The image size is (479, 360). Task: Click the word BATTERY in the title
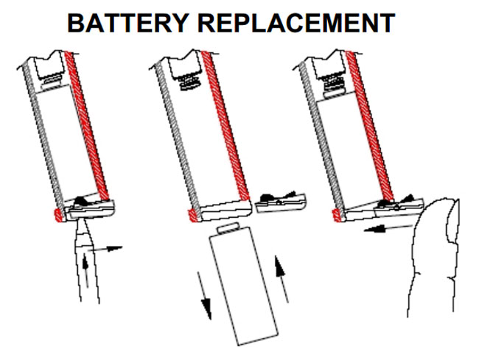point(127,23)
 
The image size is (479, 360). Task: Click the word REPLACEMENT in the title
point(296,23)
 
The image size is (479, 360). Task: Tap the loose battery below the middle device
point(243,284)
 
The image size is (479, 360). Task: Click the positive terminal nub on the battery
point(228,228)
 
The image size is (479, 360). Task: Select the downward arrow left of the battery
point(205,296)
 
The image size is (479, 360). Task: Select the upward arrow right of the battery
point(282,279)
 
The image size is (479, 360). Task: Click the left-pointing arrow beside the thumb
point(388,227)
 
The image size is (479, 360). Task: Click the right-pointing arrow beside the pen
point(105,248)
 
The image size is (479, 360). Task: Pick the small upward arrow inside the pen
point(85,271)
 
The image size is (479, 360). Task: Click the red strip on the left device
point(86,126)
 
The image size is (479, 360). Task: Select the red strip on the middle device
point(225,126)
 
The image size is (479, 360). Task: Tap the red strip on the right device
point(370,125)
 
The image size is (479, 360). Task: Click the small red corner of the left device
point(58,215)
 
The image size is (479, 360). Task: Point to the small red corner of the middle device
point(193,216)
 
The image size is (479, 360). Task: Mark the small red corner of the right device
point(337,216)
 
